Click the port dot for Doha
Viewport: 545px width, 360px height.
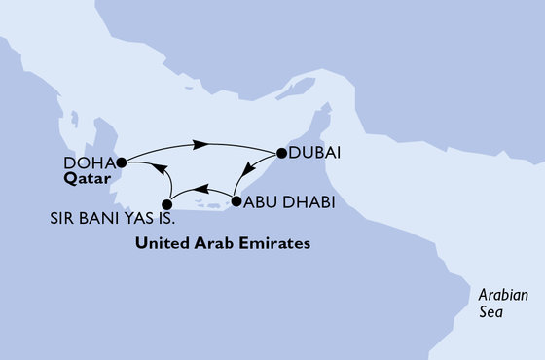pyautogui.click(x=121, y=162)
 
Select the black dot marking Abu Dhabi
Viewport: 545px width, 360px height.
pyautogui.click(x=235, y=202)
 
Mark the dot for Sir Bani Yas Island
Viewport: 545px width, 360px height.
pyautogui.click(x=167, y=204)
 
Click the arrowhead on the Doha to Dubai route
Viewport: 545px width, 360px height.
pyautogui.click(x=201, y=145)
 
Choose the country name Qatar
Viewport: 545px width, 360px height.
pyautogui.click(x=85, y=179)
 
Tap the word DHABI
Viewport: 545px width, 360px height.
pyautogui.click(x=307, y=203)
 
